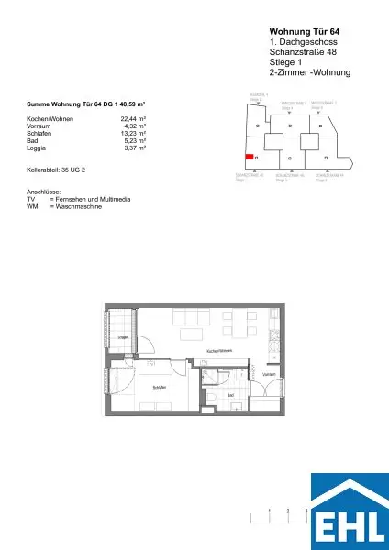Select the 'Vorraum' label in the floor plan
click(x=269, y=374)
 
